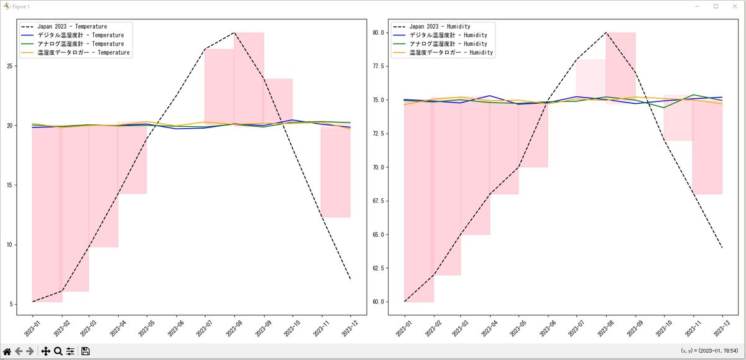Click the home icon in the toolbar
[x=7, y=351]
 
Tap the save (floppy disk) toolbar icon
[x=86, y=351]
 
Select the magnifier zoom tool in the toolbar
[x=58, y=351]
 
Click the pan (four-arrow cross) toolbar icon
[x=45, y=351]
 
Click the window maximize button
[x=716, y=6]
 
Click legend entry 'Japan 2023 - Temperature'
[x=72, y=27]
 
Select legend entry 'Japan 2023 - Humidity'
[x=443, y=27]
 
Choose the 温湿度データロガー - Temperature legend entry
[x=83, y=53]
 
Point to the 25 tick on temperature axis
[x=11, y=66]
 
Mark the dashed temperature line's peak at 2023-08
[x=234, y=32]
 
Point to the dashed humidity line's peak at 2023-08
[x=606, y=32]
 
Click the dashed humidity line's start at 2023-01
[x=405, y=302]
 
